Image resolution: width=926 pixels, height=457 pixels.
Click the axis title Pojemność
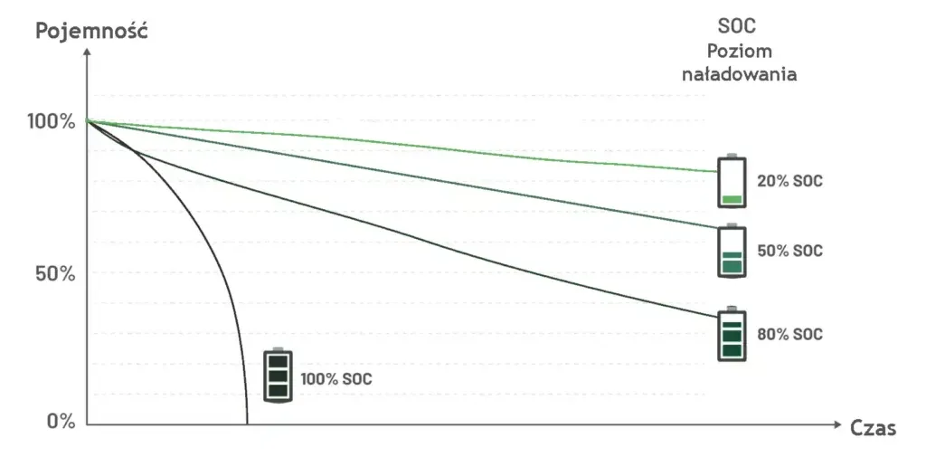(90, 31)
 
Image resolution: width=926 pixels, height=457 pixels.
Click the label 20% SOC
(789, 181)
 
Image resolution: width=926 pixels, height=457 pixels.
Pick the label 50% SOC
(789, 251)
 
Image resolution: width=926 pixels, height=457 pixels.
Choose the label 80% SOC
(789, 335)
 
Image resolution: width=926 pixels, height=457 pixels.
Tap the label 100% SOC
(335, 379)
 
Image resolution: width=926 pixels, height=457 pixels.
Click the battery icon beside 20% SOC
(732, 181)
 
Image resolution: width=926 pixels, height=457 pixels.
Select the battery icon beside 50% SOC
(732, 251)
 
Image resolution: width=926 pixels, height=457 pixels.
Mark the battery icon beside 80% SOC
(732, 334)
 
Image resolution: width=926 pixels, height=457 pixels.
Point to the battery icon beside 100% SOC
(279, 375)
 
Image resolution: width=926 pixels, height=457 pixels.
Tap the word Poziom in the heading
(739, 52)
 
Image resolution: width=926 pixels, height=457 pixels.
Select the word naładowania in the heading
(739, 74)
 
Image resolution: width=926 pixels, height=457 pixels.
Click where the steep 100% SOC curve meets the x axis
(247, 423)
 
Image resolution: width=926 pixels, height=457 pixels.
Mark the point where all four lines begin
(88, 120)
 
